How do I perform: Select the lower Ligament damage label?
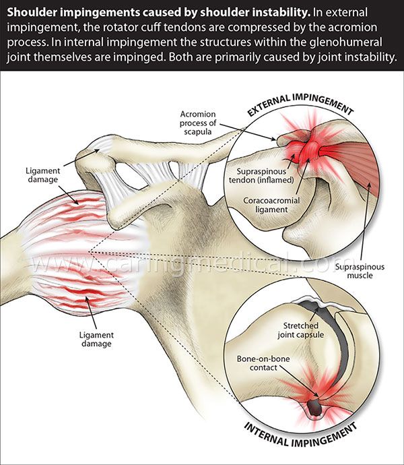[x=94, y=339]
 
